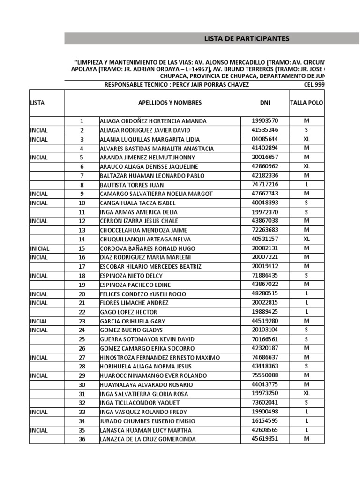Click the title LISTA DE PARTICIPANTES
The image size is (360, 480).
coord(247,38)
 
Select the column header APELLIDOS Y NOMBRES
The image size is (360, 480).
coord(170,103)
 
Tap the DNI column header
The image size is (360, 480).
coord(265,103)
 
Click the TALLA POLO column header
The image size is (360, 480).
coord(307,103)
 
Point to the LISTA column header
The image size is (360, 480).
coord(37,103)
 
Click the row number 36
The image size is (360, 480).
coord(82,439)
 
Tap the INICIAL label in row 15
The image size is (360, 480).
coord(39,248)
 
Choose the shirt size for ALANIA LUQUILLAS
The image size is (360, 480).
coord(307,139)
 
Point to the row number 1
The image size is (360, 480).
coord(82,121)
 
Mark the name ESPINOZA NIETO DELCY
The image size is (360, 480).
coord(132,276)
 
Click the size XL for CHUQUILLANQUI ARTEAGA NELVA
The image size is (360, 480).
coord(307,239)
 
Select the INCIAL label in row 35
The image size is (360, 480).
coord(38,430)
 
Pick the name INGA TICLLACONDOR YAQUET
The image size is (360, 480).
coord(140,403)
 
